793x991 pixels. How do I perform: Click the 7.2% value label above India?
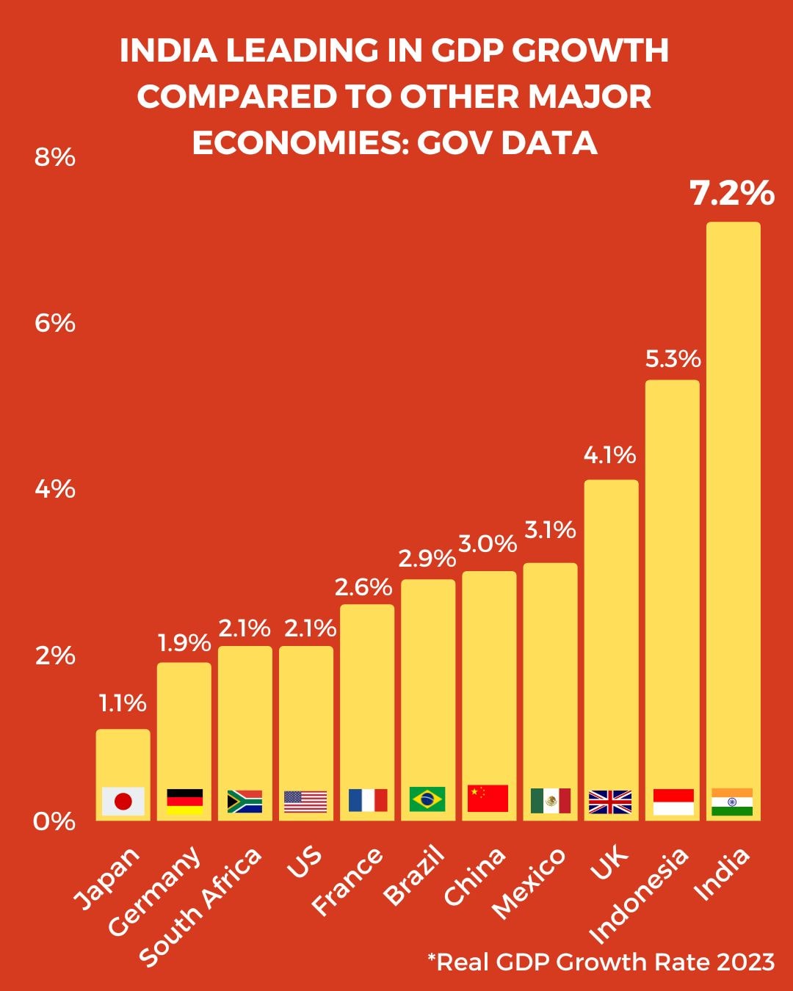tap(732, 193)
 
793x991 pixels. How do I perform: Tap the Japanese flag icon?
tap(123, 801)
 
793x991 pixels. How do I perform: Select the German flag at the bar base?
tap(184, 801)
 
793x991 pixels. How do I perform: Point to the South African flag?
tap(245, 801)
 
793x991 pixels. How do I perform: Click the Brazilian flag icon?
tap(427, 799)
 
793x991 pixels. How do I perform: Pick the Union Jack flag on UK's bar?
tap(610, 802)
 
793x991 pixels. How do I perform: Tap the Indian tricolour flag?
tap(732, 802)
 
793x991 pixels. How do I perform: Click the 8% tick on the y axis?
tap(55, 157)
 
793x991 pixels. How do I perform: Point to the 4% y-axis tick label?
tap(55, 489)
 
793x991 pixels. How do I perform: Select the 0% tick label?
tap(54, 821)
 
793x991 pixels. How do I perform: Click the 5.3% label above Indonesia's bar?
tap(673, 359)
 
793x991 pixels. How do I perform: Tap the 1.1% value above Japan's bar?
tap(123, 703)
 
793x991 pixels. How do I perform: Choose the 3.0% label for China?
tap(488, 544)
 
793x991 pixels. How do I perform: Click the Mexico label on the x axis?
tap(529, 882)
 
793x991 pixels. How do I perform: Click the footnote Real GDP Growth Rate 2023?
tap(601, 962)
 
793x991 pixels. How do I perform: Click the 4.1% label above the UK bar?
tap(609, 455)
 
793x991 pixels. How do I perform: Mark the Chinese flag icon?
tap(488, 798)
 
